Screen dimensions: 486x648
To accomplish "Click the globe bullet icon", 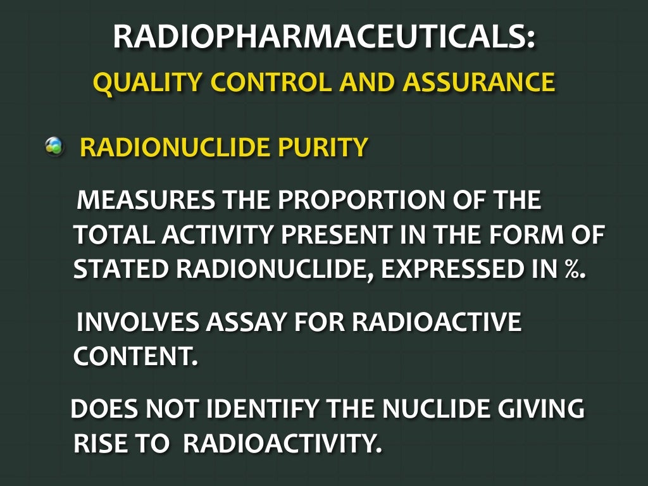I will coord(54,147).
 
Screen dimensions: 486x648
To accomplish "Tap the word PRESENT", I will coord(326,235).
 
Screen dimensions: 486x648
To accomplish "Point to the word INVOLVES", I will coord(135,322).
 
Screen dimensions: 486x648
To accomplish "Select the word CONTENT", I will coord(135,356).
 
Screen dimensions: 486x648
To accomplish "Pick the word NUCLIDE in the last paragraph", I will coord(431,409).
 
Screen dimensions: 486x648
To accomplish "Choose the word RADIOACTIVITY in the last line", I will coord(283,444).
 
